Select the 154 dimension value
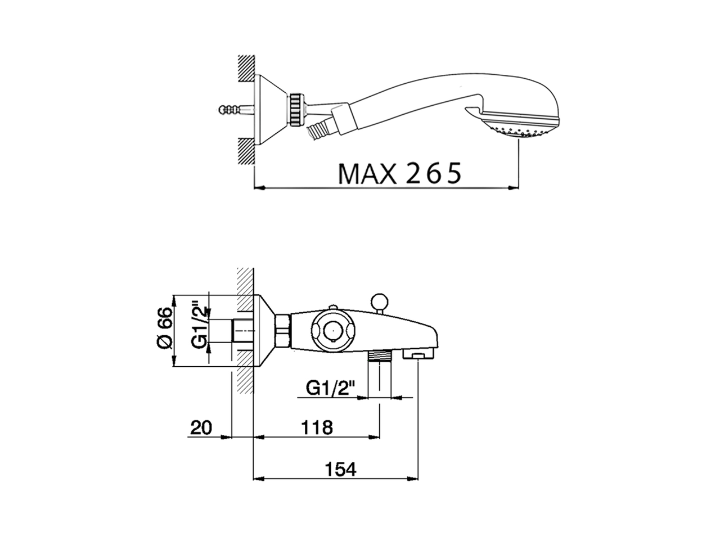click(x=340, y=469)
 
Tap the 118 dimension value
click(x=316, y=427)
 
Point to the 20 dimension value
click(x=201, y=427)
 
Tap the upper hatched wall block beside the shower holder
click(x=245, y=70)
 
